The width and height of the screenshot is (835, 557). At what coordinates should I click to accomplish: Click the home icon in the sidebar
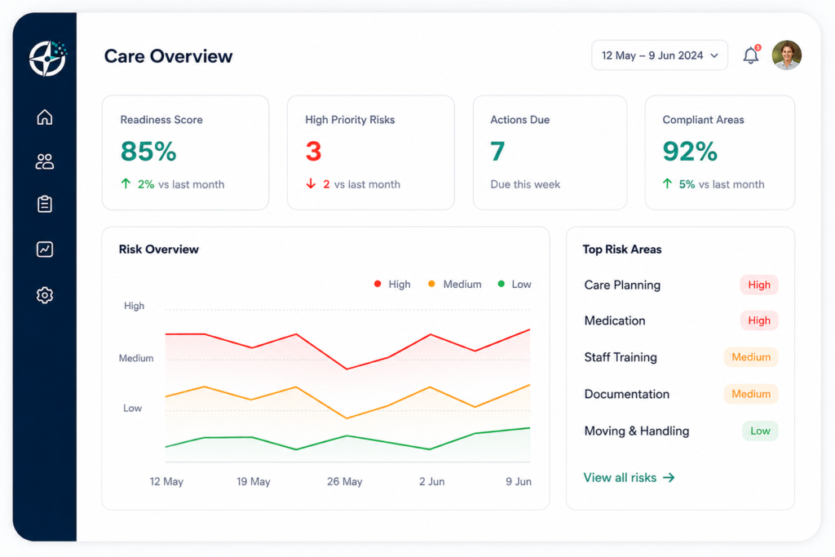point(45,117)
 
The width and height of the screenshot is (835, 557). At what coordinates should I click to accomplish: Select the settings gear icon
point(45,295)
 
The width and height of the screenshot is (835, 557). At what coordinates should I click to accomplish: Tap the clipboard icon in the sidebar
point(45,204)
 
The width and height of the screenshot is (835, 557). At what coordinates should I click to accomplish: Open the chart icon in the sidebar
point(45,250)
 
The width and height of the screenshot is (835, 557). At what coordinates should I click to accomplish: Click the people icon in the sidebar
point(45,161)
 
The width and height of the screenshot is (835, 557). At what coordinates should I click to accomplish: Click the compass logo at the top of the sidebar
point(48,58)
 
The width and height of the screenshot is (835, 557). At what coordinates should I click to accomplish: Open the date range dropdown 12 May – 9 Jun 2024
point(659,55)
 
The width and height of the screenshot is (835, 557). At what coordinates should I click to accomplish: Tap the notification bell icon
point(751,55)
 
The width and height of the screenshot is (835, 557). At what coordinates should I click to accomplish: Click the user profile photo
point(787,55)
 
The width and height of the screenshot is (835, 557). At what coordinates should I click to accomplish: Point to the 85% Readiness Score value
point(148,151)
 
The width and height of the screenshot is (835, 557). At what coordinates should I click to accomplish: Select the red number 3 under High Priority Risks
point(314,151)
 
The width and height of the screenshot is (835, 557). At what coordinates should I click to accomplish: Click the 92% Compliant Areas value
point(690,151)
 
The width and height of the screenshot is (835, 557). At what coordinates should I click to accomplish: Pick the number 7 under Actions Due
point(497,151)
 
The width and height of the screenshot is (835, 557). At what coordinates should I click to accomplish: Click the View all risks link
point(629,478)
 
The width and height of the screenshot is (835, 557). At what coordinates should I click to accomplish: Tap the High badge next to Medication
point(759,320)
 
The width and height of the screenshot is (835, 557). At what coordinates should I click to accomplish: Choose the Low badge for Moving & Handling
point(760,431)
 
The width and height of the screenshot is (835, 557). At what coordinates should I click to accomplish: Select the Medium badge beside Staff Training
point(751,357)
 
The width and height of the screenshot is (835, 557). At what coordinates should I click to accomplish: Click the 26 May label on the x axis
point(345,481)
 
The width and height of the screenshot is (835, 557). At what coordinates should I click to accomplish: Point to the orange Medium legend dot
point(431,284)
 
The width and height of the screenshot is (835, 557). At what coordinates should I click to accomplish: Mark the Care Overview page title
point(168,56)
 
